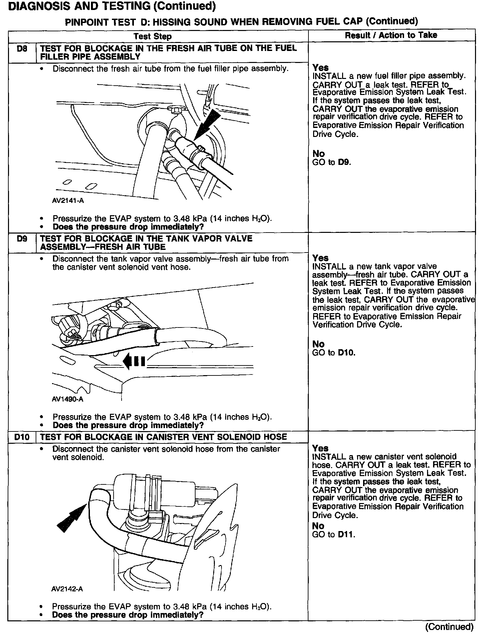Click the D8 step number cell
[22, 49]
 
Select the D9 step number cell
[22, 239]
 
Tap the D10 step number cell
[22, 437]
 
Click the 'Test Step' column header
[153, 36]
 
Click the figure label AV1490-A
[68, 399]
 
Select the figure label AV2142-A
[67, 589]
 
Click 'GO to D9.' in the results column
[332, 162]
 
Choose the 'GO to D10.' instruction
[334, 352]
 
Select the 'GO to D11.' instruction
[334, 534]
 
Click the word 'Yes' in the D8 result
[320, 68]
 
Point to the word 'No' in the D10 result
[318, 526]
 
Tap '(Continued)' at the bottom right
[449, 627]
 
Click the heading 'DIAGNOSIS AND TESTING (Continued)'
[112, 6]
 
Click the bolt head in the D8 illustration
[175, 109]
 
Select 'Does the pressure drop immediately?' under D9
[128, 425]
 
